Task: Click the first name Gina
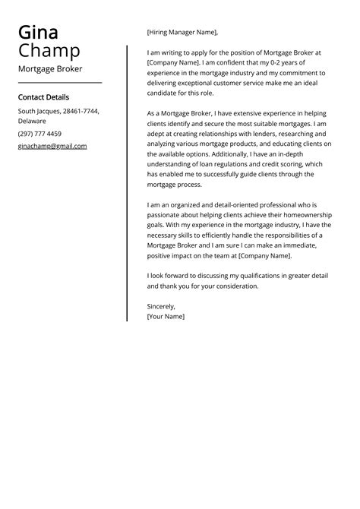point(38,33)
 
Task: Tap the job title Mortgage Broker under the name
point(50,68)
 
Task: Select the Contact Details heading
point(43,97)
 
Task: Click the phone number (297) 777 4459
point(39,134)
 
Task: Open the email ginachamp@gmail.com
point(52,146)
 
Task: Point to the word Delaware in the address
point(33,121)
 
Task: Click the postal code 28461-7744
point(80,111)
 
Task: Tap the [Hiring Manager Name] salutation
point(182,33)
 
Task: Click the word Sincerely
point(161,306)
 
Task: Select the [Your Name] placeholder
point(166,316)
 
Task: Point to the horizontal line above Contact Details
point(60,83)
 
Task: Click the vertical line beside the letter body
point(127,182)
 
